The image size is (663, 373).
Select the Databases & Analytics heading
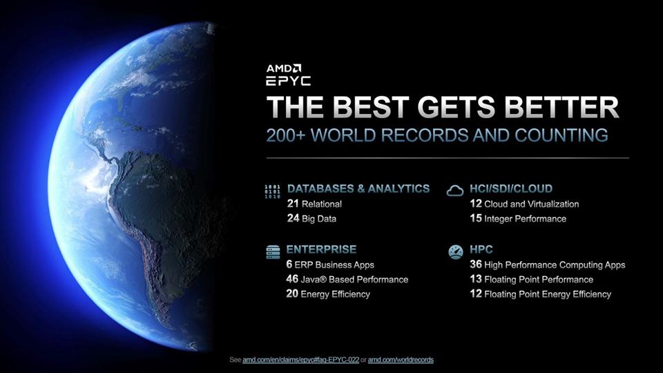358,189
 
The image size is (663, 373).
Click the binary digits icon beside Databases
273,191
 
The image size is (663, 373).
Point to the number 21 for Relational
292,204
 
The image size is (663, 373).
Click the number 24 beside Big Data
292,218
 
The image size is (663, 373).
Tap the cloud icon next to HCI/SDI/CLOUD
455,191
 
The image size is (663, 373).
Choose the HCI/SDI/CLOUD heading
510,189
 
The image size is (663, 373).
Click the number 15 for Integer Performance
475,218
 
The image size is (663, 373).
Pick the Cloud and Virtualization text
531,204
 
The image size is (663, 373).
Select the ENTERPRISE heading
321,249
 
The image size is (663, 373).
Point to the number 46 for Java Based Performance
292,279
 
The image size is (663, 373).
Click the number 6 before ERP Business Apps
289,265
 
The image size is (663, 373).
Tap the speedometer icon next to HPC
455,252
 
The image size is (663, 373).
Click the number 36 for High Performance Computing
475,265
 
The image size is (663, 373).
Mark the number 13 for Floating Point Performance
475,279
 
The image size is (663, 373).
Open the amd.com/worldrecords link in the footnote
401,360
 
